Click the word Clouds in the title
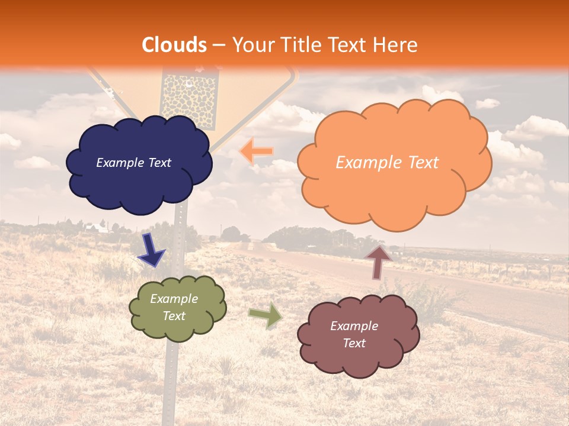click(x=174, y=45)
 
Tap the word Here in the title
click(x=395, y=45)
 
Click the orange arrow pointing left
click(x=257, y=151)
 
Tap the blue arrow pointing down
click(x=151, y=251)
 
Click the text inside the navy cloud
click(x=133, y=163)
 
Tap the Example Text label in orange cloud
click(x=387, y=163)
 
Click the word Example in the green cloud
click(x=174, y=299)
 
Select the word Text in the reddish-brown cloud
click(x=354, y=343)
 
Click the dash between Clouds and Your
click(x=218, y=45)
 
